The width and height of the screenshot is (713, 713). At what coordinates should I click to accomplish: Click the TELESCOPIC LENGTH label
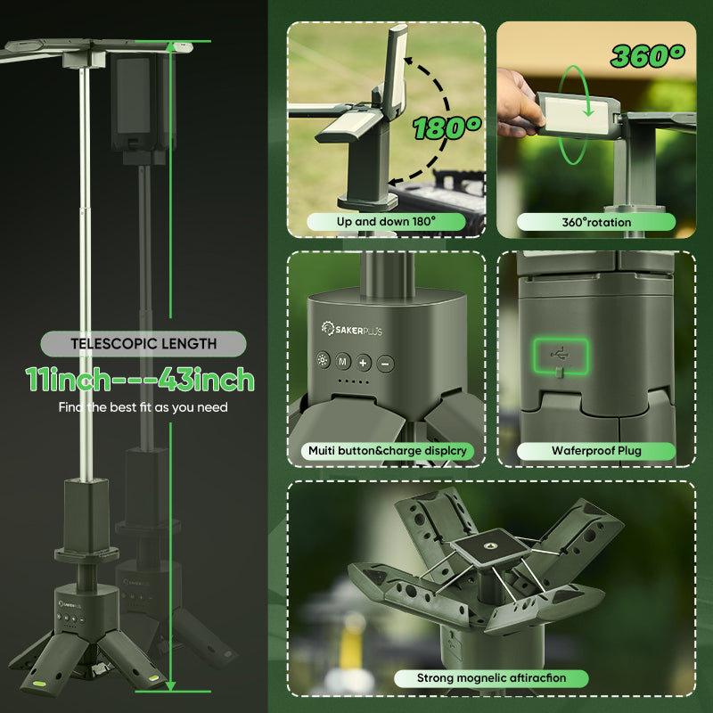143,344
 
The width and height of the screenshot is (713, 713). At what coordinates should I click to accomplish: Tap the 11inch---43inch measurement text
140,380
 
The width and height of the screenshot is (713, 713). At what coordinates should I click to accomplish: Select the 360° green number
648,56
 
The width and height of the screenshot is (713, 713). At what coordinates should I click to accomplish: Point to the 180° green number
447,127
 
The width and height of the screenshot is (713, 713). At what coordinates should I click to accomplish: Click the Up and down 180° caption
386,221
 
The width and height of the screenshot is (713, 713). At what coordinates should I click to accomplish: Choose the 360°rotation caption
596,222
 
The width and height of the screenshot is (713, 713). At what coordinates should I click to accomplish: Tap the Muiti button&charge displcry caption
388,451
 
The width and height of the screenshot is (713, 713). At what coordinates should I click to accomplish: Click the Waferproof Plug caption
596,451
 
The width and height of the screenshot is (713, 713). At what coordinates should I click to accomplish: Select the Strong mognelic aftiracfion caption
491,678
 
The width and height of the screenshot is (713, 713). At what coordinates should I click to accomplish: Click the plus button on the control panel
363,363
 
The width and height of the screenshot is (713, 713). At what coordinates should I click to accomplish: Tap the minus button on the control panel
385,364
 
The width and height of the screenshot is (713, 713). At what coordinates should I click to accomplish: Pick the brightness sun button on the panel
323,360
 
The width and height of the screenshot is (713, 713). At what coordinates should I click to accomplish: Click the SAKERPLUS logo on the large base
351,329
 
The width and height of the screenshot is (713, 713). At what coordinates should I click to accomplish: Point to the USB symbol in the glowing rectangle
561,353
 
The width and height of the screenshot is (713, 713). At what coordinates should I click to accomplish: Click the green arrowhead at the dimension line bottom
170,685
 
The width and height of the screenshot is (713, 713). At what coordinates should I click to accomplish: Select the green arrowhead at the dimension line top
170,47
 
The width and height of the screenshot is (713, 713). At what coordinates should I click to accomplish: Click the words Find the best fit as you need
143,407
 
